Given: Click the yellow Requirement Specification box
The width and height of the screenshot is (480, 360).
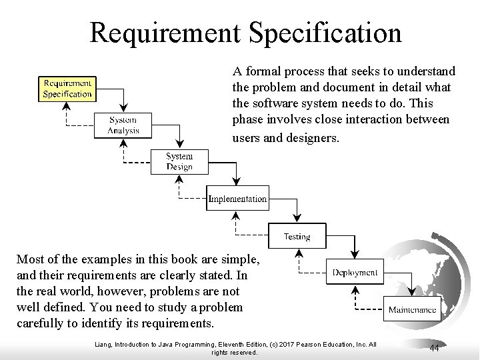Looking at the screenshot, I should pos(67,89).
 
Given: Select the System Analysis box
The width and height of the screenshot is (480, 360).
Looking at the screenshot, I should pos(124,125).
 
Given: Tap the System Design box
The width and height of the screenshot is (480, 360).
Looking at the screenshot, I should pos(179,162).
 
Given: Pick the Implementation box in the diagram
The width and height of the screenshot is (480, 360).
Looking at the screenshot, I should pos(237,199).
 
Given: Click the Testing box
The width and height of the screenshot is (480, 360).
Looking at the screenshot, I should pos(297,236).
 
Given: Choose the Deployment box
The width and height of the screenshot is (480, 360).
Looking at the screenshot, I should pos(355,272).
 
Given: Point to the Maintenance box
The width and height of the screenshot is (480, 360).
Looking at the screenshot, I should pos(413,309).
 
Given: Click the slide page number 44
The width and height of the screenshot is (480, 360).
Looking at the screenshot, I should pos(434,348).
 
